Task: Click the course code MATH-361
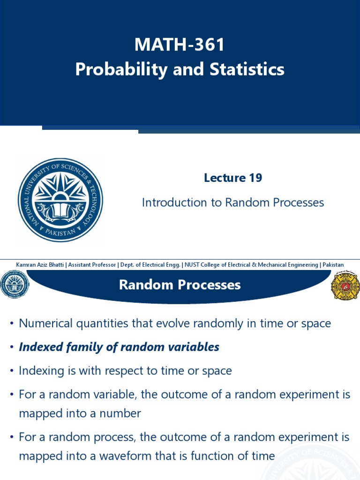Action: click(180, 45)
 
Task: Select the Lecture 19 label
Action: click(232, 178)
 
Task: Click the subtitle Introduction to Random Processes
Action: click(232, 202)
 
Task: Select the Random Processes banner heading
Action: click(180, 285)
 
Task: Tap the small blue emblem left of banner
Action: click(15, 285)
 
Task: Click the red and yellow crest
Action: click(345, 285)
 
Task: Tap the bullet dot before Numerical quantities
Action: click(11, 324)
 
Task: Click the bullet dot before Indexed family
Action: click(11, 348)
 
